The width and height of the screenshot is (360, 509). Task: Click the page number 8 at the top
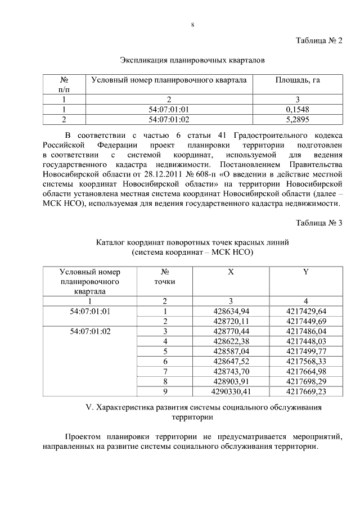pyautogui.click(x=192, y=25)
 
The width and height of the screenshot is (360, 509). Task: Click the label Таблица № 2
pyautogui.click(x=319, y=40)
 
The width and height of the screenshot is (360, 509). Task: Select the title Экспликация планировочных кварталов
pyautogui.click(x=192, y=60)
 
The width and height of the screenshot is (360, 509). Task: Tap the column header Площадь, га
pyautogui.click(x=298, y=80)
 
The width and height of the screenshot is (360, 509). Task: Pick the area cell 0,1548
pyautogui.click(x=298, y=110)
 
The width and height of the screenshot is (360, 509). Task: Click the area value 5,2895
pyautogui.click(x=298, y=119)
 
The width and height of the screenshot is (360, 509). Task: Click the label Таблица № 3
pyautogui.click(x=319, y=223)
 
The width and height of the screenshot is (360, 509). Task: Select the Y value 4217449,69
pyautogui.click(x=306, y=321)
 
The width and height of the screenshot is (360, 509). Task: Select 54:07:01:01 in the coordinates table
pyautogui.click(x=89, y=311)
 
